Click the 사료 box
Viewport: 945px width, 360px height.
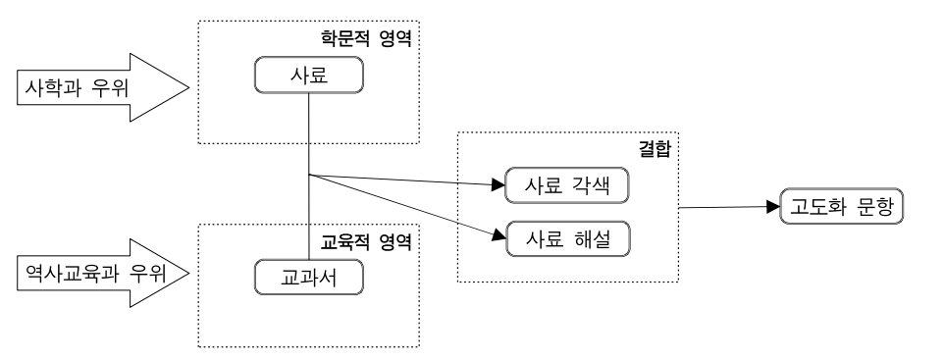pyautogui.click(x=309, y=75)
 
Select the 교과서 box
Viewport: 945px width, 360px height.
pyautogui.click(x=309, y=278)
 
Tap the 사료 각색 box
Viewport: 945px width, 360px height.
pyautogui.click(x=567, y=184)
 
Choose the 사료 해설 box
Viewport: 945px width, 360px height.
pyautogui.click(x=567, y=239)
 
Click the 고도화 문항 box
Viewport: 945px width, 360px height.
pyautogui.click(x=840, y=207)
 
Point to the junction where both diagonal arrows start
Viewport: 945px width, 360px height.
pyautogui.click(x=309, y=176)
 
